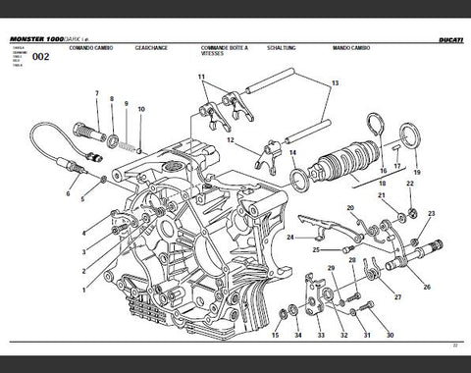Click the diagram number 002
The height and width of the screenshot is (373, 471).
[x=41, y=56]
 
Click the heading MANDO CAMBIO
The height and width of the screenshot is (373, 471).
[x=349, y=46]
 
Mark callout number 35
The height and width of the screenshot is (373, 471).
[x=271, y=335]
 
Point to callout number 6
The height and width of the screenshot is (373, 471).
[x=68, y=194]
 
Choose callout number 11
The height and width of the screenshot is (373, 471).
[x=200, y=77]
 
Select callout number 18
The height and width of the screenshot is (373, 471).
[x=382, y=183]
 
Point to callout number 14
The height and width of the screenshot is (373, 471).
[x=290, y=153]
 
